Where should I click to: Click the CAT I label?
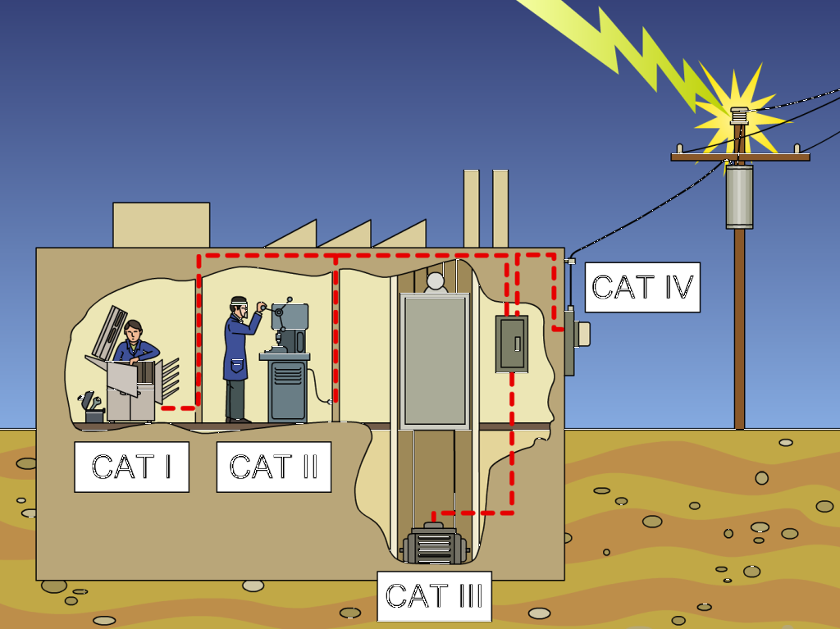point(131,467)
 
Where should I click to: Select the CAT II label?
point(273,467)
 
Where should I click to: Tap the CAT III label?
point(434,596)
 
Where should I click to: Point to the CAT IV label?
point(642,287)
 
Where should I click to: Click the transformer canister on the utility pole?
point(739,197)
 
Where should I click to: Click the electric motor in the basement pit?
point(434,545)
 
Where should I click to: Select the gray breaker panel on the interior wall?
point(511,344)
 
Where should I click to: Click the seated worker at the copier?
point(135,344)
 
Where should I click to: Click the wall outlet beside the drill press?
point(330,402)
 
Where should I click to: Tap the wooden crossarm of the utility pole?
point(740,157)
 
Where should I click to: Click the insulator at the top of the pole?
point(740,116)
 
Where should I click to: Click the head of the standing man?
point(239,306)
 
